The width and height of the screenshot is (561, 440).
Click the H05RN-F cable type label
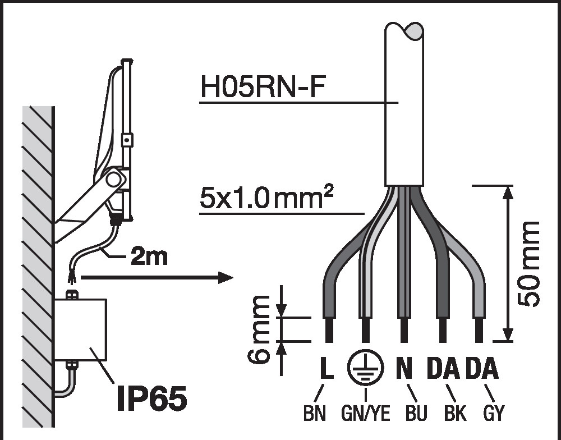[x=263, y=87]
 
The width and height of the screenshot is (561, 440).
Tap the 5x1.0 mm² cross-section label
[x=266, y=198]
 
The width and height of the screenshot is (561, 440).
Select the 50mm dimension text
[x=528, y=264]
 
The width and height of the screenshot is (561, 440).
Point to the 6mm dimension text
[x=258, y=329]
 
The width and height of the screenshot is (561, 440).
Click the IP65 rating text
[x=151, y=398]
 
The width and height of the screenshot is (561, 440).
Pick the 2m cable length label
[x=149, y=256]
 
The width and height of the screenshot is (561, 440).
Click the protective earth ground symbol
[x=365, y=367]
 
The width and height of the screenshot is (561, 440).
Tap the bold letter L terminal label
[x=327, y=368]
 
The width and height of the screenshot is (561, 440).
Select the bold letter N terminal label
[x=404, y=368]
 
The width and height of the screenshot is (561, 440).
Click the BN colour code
[x=315, y=413]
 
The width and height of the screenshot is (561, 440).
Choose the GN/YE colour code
[x=365, y=413]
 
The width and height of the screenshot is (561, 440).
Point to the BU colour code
[x=416, y=413]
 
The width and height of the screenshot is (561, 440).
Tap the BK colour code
[x=455, y=413]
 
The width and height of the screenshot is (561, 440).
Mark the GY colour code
[x=494, y=413]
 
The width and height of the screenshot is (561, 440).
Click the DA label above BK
[x=443, y=368]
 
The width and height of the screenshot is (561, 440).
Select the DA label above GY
[x=482, y=368]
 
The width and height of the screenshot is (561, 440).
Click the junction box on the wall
[x=80, y=329]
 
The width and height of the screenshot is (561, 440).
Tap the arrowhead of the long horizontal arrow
[x=226, y=277]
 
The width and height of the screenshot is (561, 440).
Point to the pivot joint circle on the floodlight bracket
[x=113, y=179]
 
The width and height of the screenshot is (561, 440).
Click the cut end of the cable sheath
[x=404, y=185]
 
